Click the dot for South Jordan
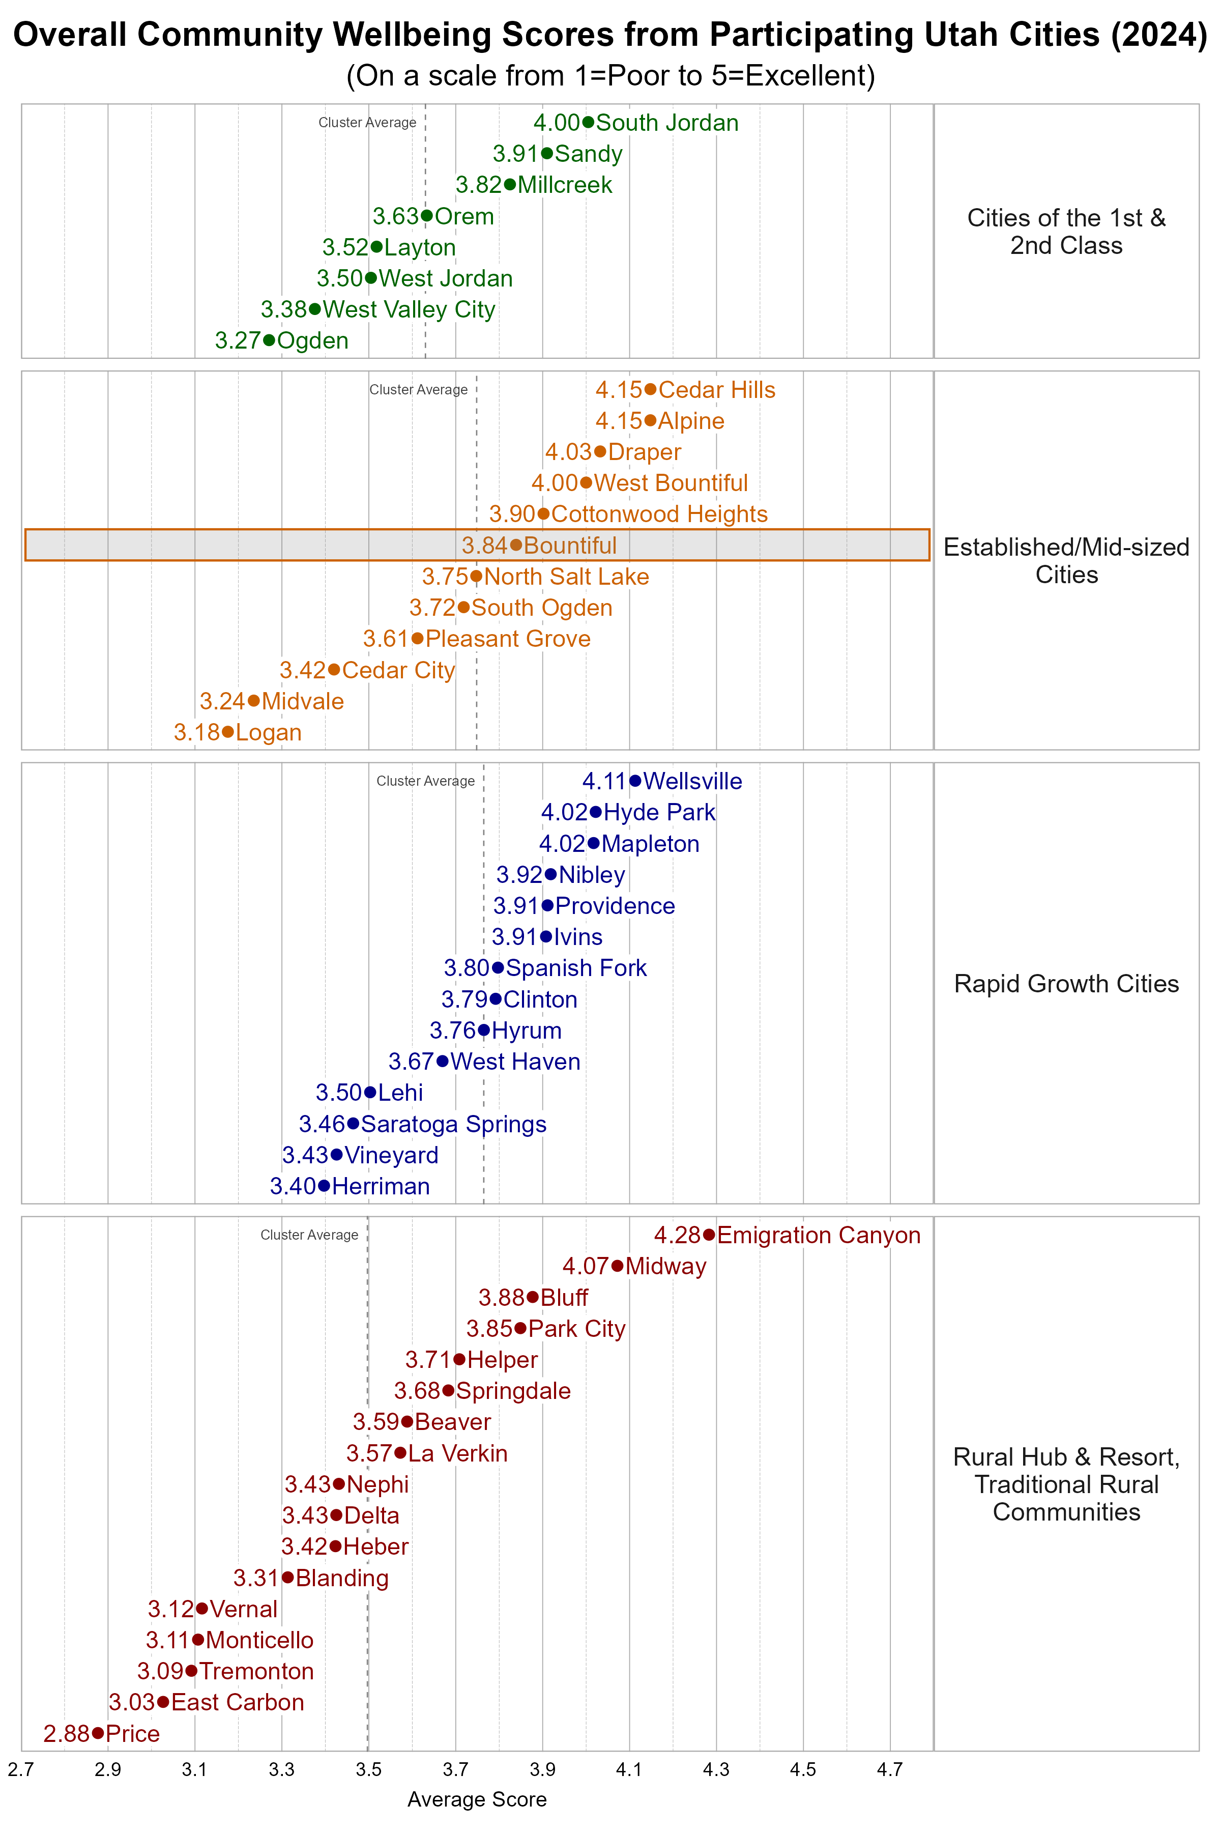click(x=588, y=122)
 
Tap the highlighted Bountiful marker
click(x=515, y=545)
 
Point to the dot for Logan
click(x=227, y=732)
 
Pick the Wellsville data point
click(x=635, y=781)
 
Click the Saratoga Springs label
click(x=453, y=1124)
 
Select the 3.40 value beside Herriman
click(x=293, y=1186)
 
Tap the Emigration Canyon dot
click(x=709, y=1235)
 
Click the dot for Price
click(x=97, y=1733)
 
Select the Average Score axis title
click(x=477, y=1799)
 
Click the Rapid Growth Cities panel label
click(x=1066, y=984)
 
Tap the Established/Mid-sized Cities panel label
click(x=1066, y=561)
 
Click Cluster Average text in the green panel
click(x=367, y=122)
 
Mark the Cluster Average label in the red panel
click(x=309, y=1235)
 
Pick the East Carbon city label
click(x=238, y=1702)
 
